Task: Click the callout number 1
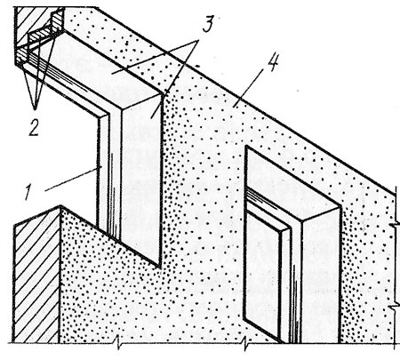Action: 28,192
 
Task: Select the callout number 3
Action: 208,24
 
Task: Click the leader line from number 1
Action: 74,179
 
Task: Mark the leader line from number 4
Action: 248,86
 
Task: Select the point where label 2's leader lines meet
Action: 36,109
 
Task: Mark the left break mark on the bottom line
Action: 118,344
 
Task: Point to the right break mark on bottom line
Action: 245,344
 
